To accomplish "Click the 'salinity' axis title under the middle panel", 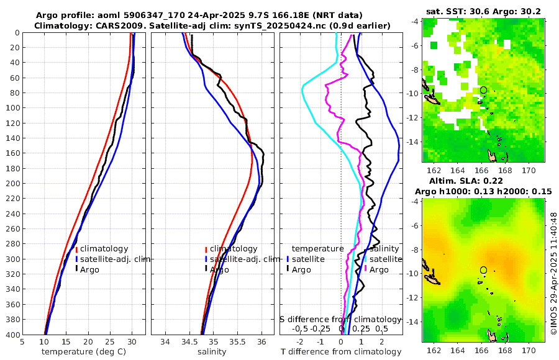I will pyautogui.click(x=212, y=352).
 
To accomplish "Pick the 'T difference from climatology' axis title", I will pyautogui.click(x=342, y=352).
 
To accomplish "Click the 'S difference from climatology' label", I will pyautogui.click(x=340, y=319).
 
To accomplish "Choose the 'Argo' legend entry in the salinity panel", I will pyautogui.click(x=219, y=269).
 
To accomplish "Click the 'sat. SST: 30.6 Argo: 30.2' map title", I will pyautogui.click(x=483, y=11).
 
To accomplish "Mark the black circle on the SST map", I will pyautogui.click(x=483, y=90).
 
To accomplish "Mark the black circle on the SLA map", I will pyautogui.click(x=483, y=270).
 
